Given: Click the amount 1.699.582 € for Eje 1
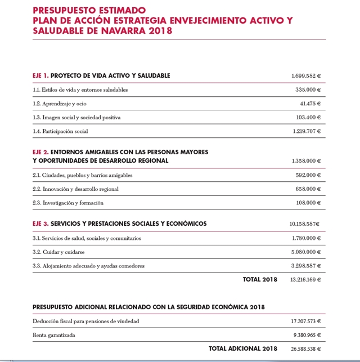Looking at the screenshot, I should click(306, 75).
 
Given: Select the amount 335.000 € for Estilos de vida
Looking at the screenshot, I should click(308, 90).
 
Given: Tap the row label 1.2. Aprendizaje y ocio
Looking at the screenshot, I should click(60, 104).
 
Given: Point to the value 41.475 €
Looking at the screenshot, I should click(310, 104).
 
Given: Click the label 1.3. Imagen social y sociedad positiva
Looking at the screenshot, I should click(76, 118).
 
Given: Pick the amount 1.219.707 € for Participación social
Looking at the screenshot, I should click(306, 131).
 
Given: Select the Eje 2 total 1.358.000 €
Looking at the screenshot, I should click(306, 161).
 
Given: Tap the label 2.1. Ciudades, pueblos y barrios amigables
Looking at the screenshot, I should click(83, 175).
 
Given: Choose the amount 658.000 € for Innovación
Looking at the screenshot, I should click(308, 189).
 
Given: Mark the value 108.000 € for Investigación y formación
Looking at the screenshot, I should click(308, 203).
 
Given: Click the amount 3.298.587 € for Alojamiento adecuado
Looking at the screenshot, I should click(306, 266).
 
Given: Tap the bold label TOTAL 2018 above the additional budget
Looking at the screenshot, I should click(260, 279).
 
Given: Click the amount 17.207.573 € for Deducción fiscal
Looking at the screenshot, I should click(305, 321).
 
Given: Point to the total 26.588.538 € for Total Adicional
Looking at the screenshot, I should click(305, 348).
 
